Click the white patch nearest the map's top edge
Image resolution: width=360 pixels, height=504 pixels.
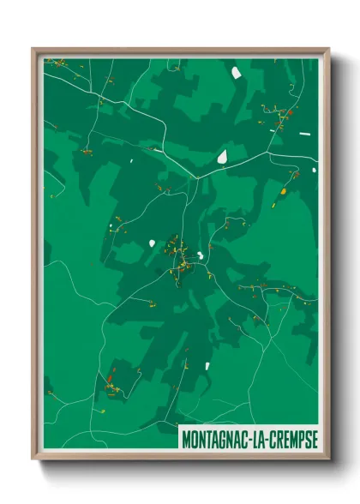click(236, 73)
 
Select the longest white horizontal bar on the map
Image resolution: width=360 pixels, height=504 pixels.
click(304, 135)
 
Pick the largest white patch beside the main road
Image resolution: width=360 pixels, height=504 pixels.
click(222, 157)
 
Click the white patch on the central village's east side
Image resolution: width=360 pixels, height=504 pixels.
click(200, 255)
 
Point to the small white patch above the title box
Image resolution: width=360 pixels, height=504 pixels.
click(207, 366)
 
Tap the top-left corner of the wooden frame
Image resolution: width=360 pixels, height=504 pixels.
click(33, 49)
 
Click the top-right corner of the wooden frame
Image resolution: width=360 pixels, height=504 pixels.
click(328, 49)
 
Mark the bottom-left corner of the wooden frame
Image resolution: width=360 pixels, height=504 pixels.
click(33, 459)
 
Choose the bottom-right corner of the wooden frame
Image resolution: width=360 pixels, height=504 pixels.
click(328, 459)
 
